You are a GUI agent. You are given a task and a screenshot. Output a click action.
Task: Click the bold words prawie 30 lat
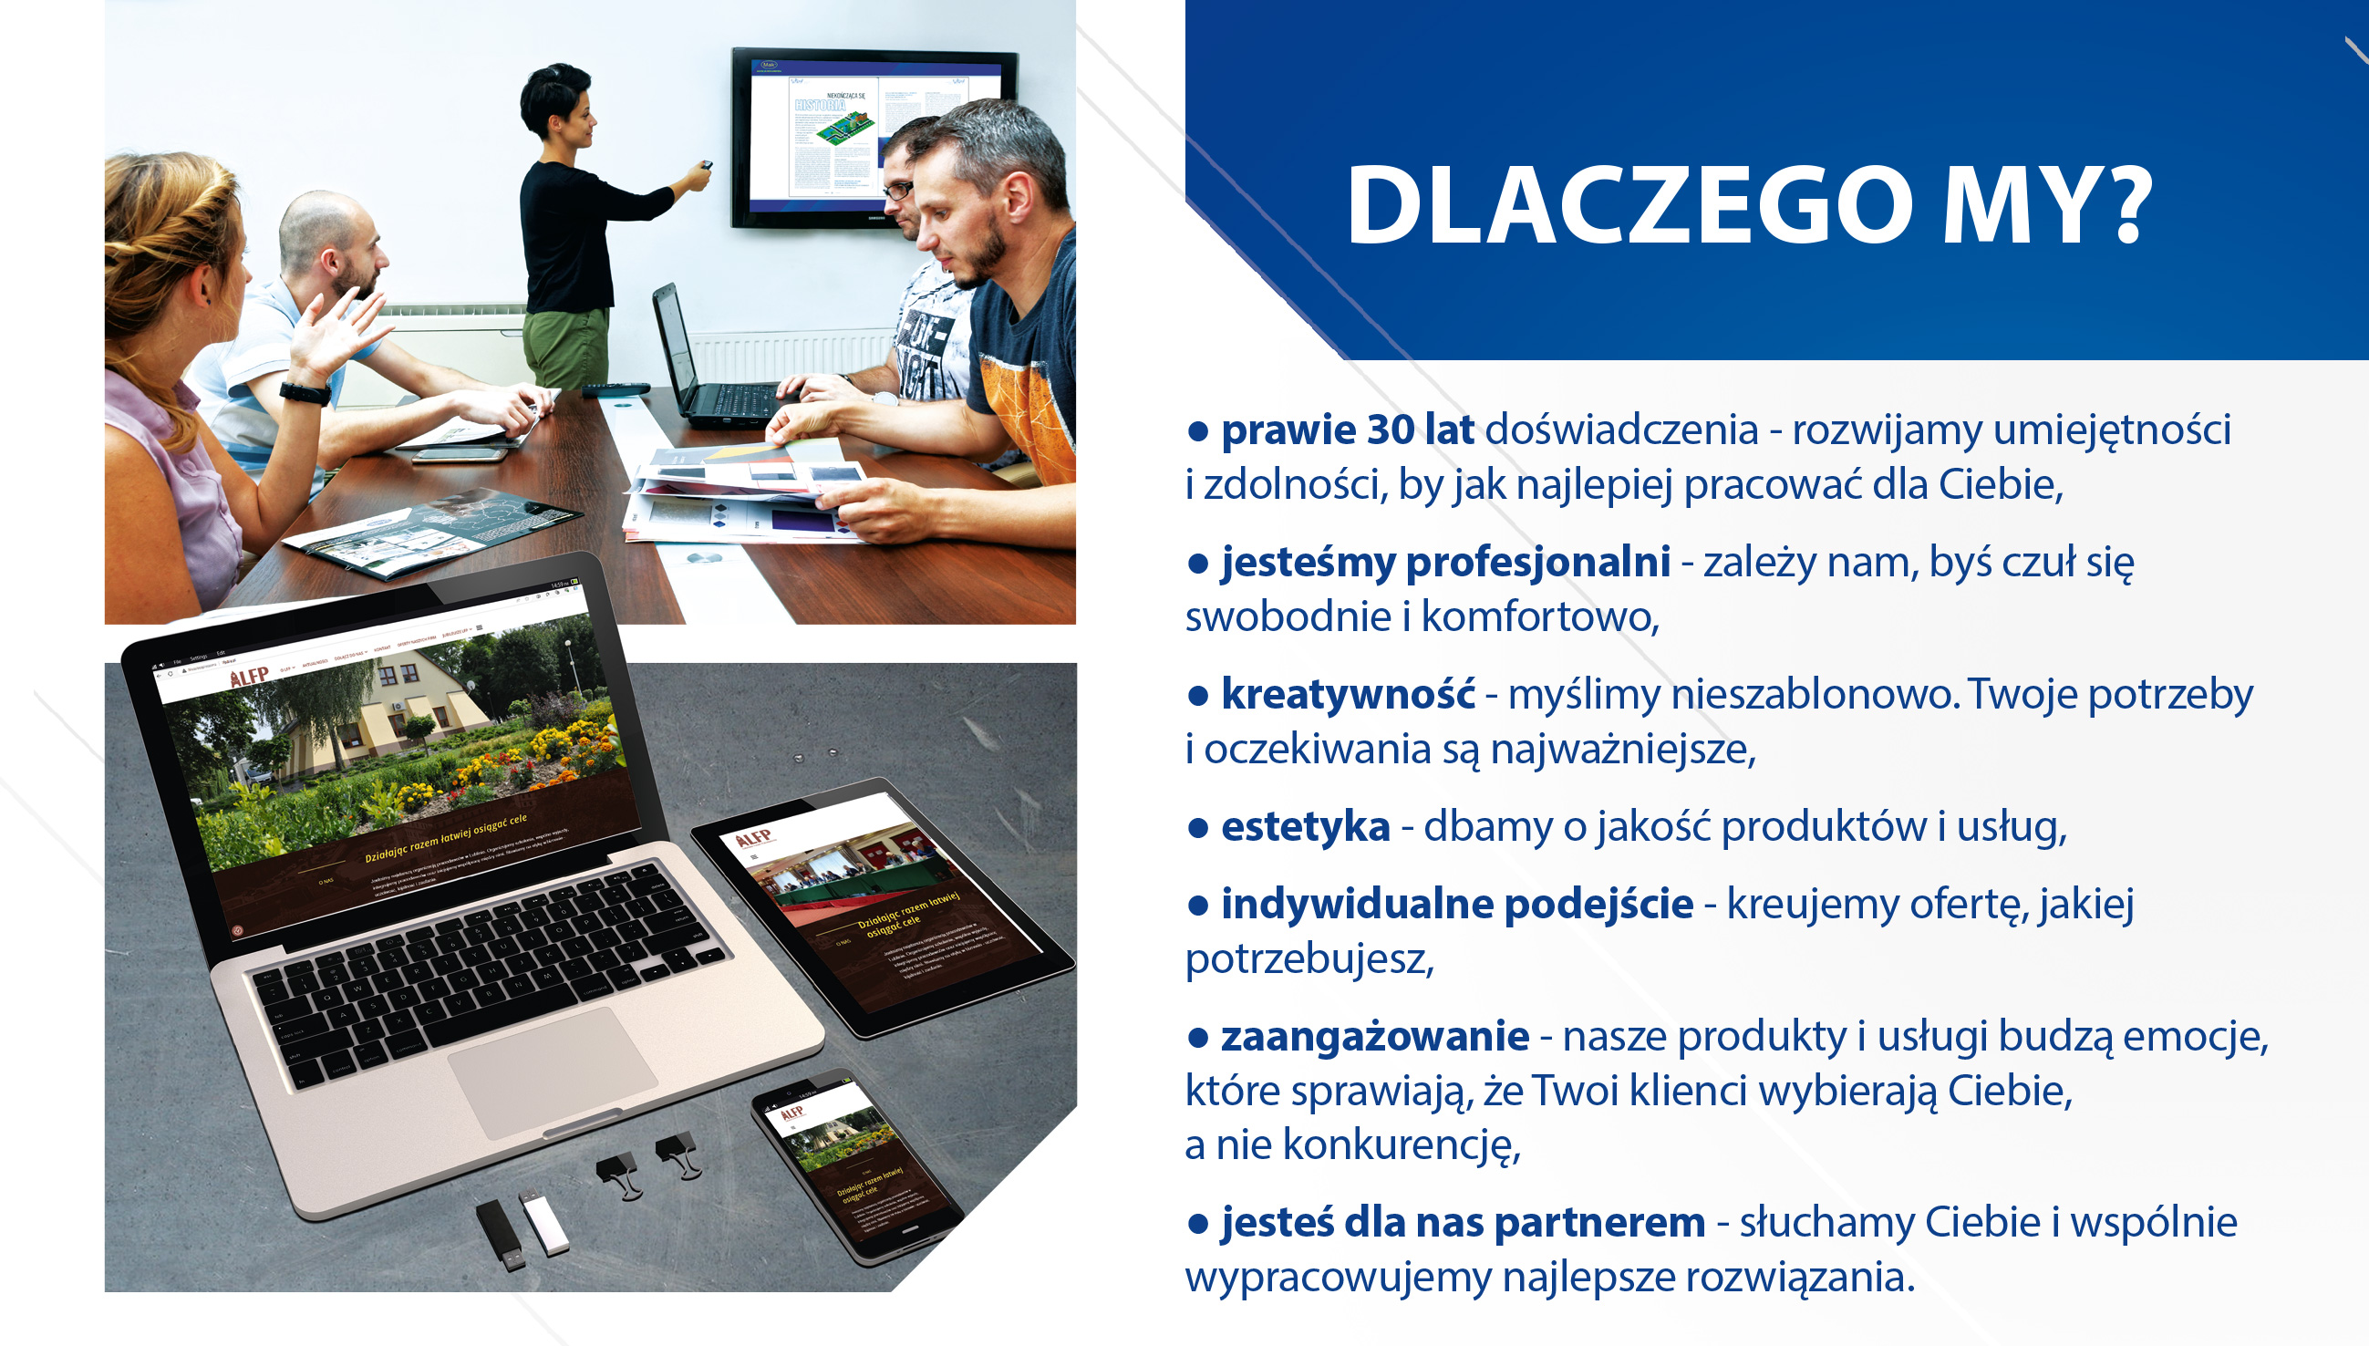click(1347, 430)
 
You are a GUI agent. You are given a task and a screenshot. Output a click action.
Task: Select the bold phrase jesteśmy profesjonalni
click(1444, 562)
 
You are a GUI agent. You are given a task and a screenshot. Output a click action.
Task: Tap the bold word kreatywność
click(1347, 694)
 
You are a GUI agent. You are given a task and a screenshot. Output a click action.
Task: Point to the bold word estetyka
click(1305, 826)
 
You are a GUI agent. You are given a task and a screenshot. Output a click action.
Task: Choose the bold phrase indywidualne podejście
click(1457, 904)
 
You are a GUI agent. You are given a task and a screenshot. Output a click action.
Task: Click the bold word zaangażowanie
click(1374, 1036)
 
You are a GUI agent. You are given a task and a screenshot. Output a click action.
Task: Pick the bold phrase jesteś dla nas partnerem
click(1463, 1222)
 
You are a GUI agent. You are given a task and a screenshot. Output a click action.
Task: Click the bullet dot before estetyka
click(1198, 828)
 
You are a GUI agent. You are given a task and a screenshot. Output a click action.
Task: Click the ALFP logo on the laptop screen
click(249, 677)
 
